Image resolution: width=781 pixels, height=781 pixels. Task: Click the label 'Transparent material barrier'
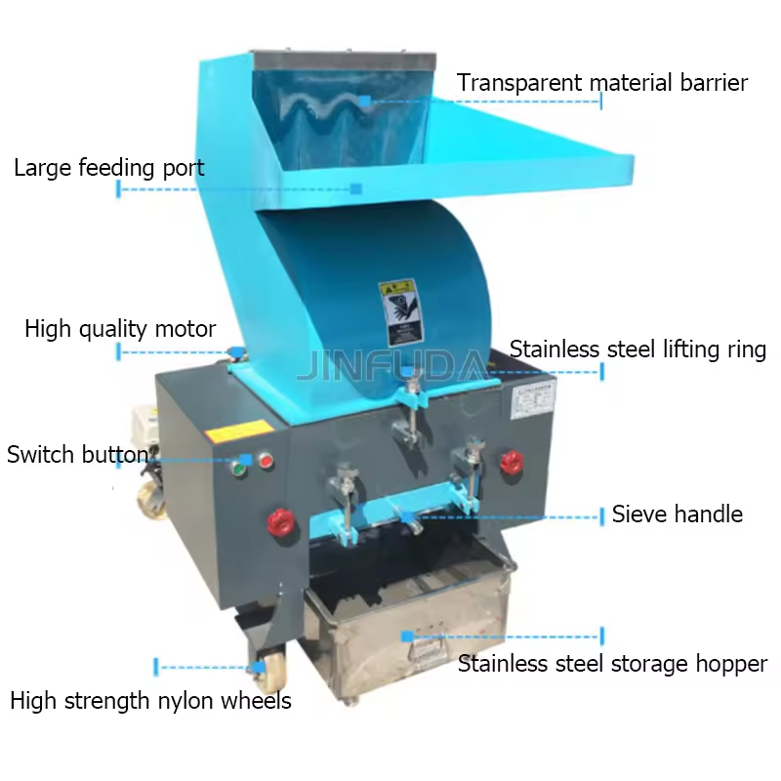[601, 83]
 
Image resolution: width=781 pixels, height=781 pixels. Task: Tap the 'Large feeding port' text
[108, 168]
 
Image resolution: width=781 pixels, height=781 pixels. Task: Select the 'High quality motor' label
[119, 329]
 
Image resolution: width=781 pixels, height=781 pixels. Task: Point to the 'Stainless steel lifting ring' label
[637, 349]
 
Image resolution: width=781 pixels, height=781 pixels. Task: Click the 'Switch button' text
[77, 455]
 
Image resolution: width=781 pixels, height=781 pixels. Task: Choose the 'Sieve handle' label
[677, 514]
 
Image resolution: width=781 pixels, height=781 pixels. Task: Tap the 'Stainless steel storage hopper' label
[612, 665]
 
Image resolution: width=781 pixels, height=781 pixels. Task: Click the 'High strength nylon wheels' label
[150, 701]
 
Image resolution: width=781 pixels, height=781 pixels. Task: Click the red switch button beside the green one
[265, 461]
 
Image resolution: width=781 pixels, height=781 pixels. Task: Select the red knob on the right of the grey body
[511, 462]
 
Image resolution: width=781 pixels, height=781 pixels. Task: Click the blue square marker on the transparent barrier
[364, 100]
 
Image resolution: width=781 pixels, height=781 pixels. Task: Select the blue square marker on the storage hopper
[407, 636]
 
